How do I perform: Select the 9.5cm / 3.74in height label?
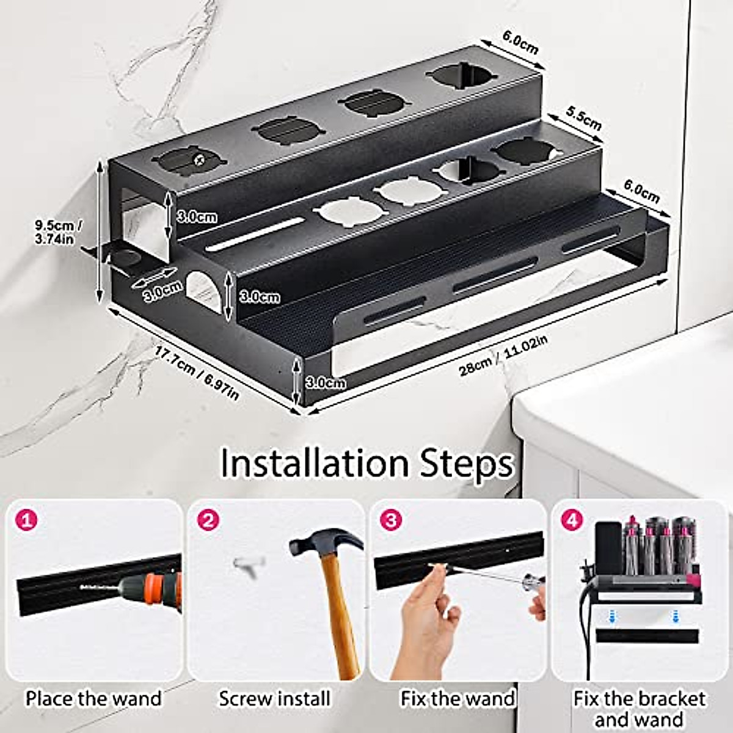click(59, 233)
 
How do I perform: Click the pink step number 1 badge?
click(27, 520)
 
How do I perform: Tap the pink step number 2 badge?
click(208, 520)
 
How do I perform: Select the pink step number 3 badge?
click(390, 520)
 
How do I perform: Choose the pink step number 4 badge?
click(572, 520)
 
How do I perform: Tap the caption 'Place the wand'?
click(93, 698)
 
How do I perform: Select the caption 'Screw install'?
click(275, 698)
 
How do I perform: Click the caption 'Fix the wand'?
click(458, 698)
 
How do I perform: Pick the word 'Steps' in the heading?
click(466, 464)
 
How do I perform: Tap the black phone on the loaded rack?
click(608, 548)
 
